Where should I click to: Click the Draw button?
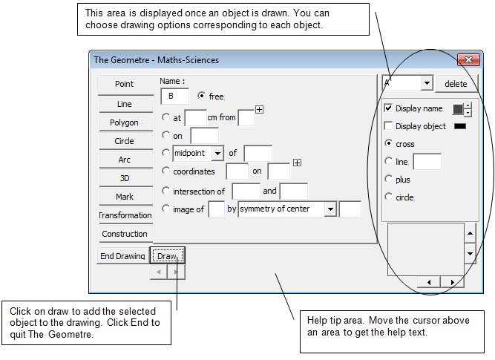(x=167, y=255)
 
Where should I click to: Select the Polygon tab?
(x=125, y=122)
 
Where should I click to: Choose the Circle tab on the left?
(x=125, y=141)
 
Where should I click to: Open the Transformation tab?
(x=125, y=215)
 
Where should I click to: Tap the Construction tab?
(x=125, y=234)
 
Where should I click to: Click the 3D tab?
(x=125, y=178)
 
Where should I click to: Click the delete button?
(x=456, y=84)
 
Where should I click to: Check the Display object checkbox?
(x=388, y=125)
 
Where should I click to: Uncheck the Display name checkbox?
(x=388, y=108)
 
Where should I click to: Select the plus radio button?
(x=388, y=179)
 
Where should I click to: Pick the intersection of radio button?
(x=165, y=191)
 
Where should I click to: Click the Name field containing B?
(x=174, y=96)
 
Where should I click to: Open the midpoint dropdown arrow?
(x=217, y=154)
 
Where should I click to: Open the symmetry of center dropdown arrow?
(x=330, y=209)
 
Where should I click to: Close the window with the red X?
(x=468, y=59)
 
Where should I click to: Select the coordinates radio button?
(x=165, y=171)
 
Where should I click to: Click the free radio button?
(x=201, y=95)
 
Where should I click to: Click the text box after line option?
(x=427, y=162)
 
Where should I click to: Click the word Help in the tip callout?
(x=318, y=320)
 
